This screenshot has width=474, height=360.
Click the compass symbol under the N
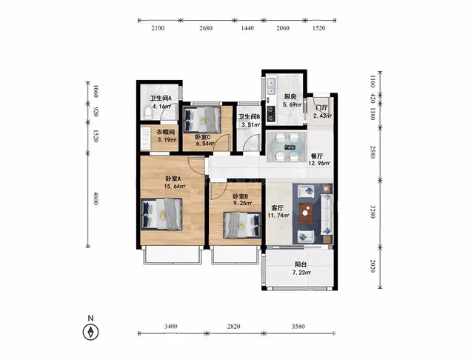pyautogui.click(x=90, y=332)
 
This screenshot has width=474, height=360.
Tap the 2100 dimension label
pyautogui.click(x=158, y=28)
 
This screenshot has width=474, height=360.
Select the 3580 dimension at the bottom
pyautogui.click(x=298, y=327)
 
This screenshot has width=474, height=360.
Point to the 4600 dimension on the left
pyautogui.click(x=96, y=199)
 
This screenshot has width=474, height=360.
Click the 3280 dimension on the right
pyautogui.click(x=373, y=212)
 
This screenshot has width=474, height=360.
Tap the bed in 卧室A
pyautogui.click(x=161, y=214)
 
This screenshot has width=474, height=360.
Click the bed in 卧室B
pyautogui.click(x=242, y=225)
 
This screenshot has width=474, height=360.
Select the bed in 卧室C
pyautogui.click(x=202, y=119)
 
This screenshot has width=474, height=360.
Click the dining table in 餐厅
pyautogui.click(x=287, y=147)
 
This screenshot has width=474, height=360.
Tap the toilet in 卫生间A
pyautogui.click(x=148, y=113)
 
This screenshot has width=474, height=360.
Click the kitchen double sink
pyautogui.click(x=272, y=86)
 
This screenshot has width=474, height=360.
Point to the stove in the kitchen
pyautogui.click(x=270, y=113)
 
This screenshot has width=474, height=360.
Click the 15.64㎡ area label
pyautogui.click(x=175, y=187)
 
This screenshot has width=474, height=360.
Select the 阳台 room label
pyautogui.click(x=301, y=264)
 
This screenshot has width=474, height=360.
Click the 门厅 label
pyautogui.click(x=321, y=108)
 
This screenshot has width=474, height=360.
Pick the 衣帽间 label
pyautogui.click(x=166, y=132)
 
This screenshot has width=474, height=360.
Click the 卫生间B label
pyautogui.click(x=249, y=117)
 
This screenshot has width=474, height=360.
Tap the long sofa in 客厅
pyautogui.click(x=327, y=214)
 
